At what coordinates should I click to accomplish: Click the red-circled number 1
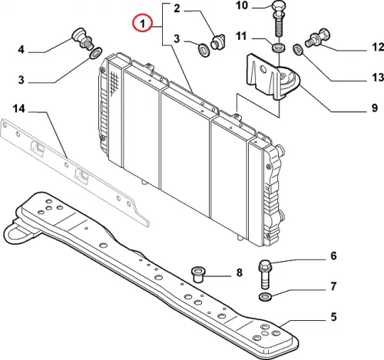(x=142, y=24)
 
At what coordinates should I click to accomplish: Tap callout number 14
(x=19, y=109)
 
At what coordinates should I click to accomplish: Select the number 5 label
(x=333, y=317)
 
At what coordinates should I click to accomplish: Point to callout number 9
(x=375, y=107)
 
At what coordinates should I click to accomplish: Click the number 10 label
(x=242, y=5)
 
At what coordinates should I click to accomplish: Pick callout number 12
(x=378, y=47)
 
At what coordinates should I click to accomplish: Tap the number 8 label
(x=239, y=272)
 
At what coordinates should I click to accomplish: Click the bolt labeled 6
(x=265, y=274)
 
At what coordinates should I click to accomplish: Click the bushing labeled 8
(x=197, y=274)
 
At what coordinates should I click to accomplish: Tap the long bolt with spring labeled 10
(x=280, y=19)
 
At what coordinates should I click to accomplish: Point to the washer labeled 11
(x=279, y=48)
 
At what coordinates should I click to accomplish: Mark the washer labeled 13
(x=298, y=49)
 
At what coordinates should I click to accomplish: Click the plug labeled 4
(x=81, y=39)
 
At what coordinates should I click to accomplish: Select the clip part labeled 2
(x=217, y=41)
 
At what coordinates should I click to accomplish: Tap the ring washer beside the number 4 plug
(x=96, y=53)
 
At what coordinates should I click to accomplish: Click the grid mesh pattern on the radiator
(x=114, y=82)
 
